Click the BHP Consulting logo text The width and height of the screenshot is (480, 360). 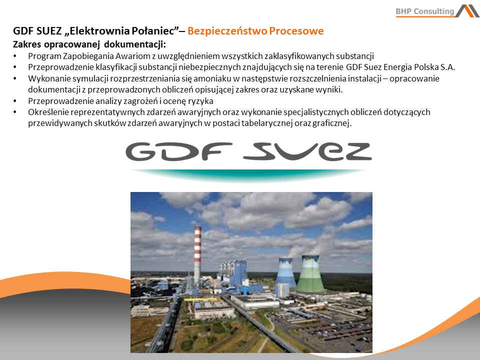tap(425, 11)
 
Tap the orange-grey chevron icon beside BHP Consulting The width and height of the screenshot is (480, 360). tap(467, 11)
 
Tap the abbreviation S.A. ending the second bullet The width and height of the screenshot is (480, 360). tap(448, 67)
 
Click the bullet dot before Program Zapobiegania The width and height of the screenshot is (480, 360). tap(15, 56)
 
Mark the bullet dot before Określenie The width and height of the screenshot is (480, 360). tap(15, 112)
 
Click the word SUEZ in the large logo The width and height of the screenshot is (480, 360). tap(308, 151)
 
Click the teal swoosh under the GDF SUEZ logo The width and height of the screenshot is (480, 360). tap(248, 175)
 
